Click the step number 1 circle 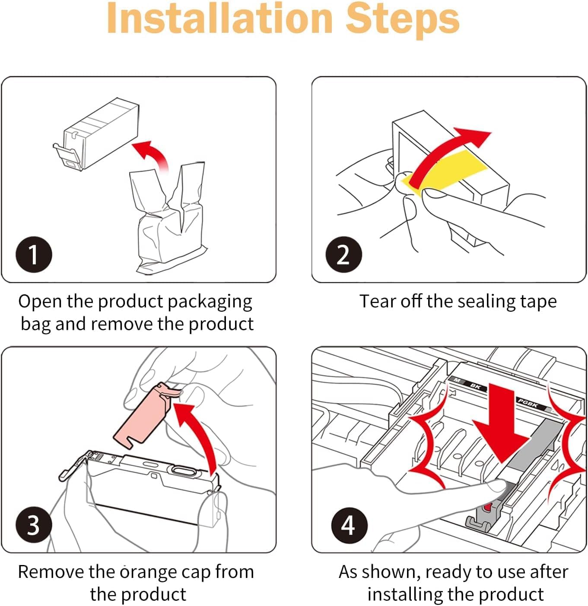coord(34,254)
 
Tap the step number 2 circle coord(343,254)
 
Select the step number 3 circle coord(34,525)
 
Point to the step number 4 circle coord(349,525)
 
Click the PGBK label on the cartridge coord(528,404)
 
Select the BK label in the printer coord(475,387)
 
